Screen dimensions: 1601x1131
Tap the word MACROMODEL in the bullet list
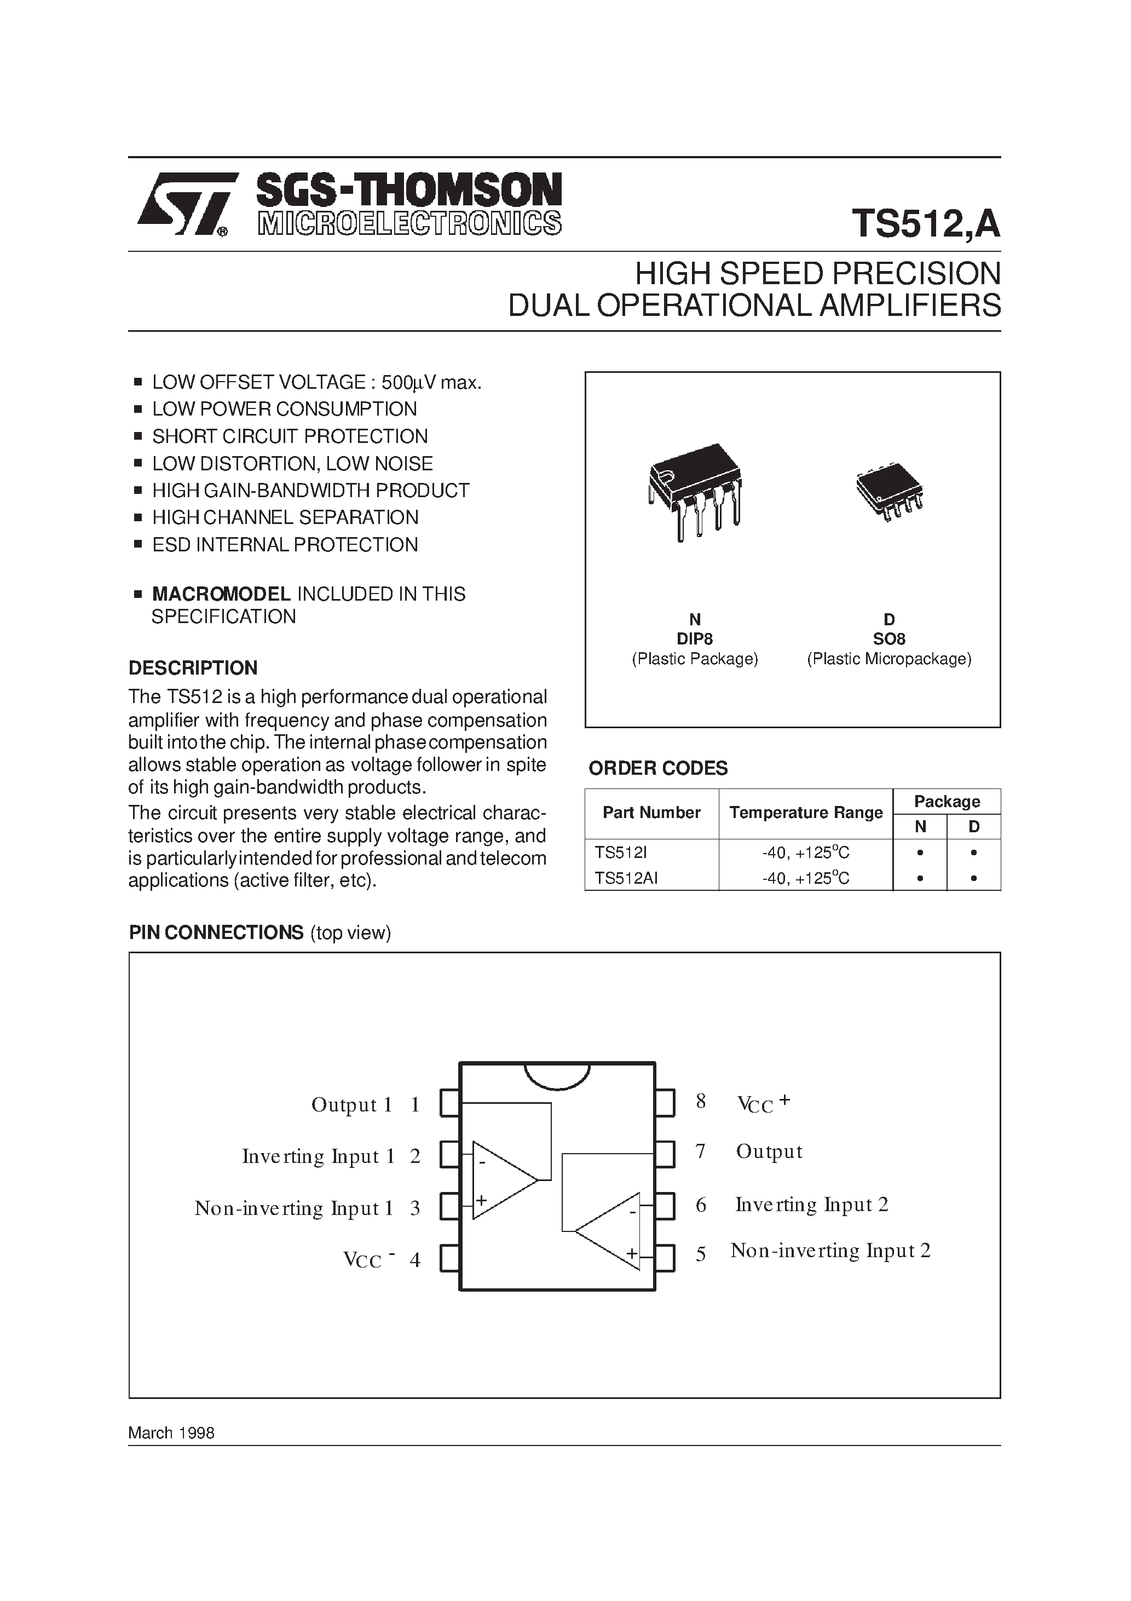point(221,594)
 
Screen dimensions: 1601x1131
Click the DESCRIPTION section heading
point(193,668)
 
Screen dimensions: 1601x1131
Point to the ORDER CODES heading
point(657,768)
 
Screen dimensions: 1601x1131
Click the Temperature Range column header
point(805,813)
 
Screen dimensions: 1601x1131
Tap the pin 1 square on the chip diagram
point(450,1104)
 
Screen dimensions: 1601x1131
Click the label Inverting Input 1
point(318,1157)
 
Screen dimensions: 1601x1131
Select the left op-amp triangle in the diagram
point(501,1180)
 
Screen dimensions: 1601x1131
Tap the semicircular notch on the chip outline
point(556,1074)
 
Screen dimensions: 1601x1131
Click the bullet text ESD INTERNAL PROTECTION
point(285,545)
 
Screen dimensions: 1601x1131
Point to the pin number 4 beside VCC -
point(415,1260)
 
